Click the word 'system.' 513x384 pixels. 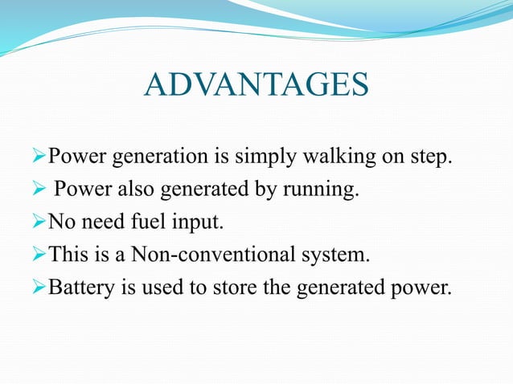coord(337,256)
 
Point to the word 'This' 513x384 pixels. coord(68,256)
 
